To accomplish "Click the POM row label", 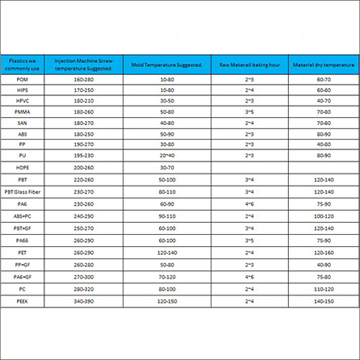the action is click(22, 80).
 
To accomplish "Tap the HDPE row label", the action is click(22, 167).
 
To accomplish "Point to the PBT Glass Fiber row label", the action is click(23, 191).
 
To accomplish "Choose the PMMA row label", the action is click(22, 111).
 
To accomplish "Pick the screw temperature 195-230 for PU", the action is click(83, 154).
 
